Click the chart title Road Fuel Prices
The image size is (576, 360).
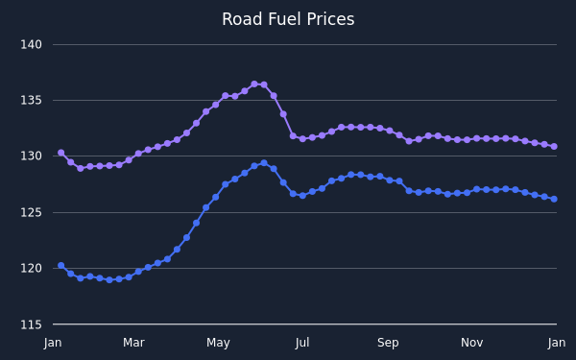pos(288,19)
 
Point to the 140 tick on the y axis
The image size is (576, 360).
pos(32,45)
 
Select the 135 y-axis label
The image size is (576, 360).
pos(32,100)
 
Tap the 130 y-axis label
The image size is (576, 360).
pos(32,156)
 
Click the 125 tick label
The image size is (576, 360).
pos(32,212)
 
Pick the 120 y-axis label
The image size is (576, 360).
pos(32,268)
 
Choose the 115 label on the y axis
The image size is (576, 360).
pos(32,324)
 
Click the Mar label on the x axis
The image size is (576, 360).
pos(133,343)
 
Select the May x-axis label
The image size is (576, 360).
pos(218,343)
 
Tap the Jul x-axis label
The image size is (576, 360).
pos(302,343)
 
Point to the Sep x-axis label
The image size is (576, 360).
pos(388,343)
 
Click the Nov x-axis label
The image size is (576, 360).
pos(472,343)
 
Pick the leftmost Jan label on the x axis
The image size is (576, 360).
pos(53,343)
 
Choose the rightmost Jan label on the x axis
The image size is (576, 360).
pos(557,343)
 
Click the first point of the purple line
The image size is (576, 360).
pos(61,153)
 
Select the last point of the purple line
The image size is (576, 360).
pos(554,147)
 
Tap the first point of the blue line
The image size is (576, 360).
pos(61,266)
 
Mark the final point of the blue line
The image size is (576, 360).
pos(554,199)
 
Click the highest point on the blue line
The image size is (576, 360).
pos(264,163)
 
